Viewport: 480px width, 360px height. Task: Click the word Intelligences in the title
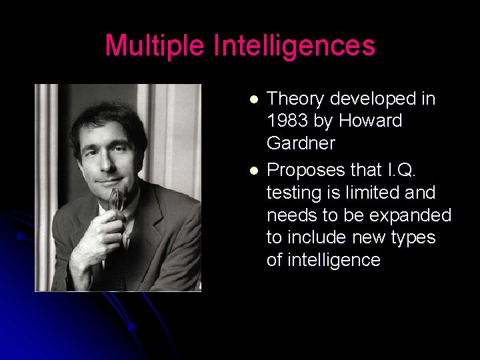click(295, 46)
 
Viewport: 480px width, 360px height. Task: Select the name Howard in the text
click(370, 121)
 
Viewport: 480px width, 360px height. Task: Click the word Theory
click(297, 99)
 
